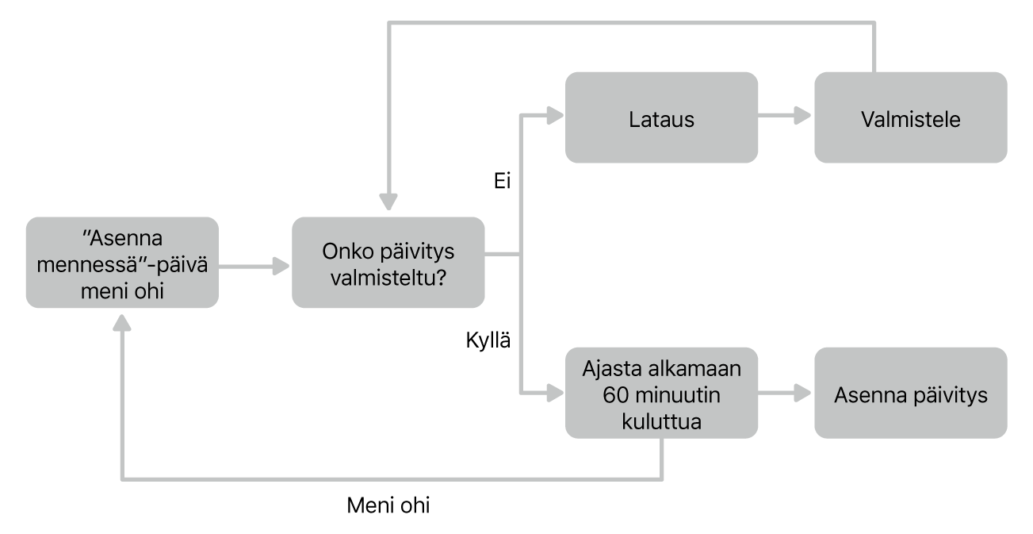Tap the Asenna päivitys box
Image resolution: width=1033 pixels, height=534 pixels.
tap(910, 394)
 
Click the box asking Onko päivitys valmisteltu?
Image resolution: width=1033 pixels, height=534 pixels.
tap(388, 263)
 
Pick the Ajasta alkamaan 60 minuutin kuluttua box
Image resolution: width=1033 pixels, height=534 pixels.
tap(661, 394)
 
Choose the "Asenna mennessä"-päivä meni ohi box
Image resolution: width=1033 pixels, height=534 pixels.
tap(122, 263)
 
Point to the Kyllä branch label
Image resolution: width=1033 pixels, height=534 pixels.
tap(487, 342)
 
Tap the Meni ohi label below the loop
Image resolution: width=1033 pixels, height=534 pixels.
tap(388, 505)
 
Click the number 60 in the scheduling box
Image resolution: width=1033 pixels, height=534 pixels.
tap(614, 394)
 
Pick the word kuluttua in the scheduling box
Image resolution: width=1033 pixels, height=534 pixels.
tap(661, 419)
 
